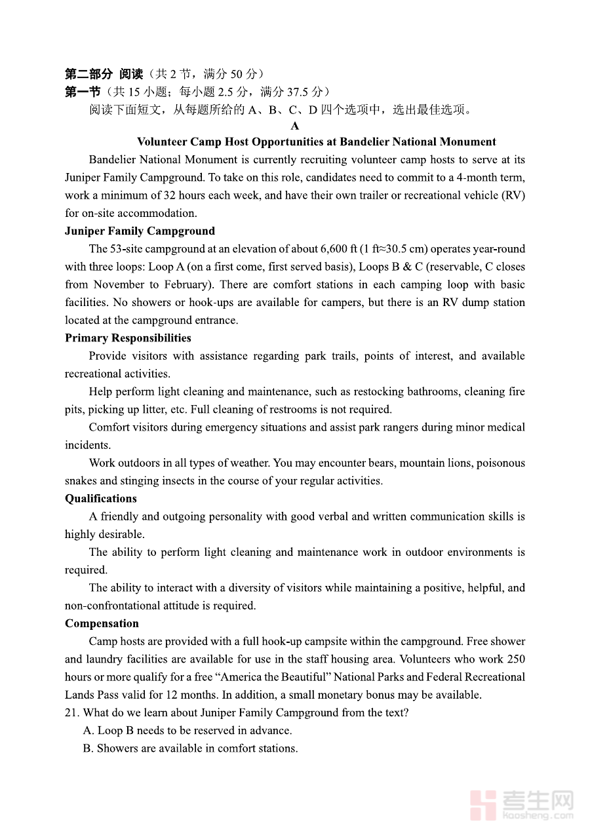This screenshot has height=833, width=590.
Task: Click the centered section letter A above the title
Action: pos(295,126)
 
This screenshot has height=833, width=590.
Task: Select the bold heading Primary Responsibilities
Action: pos(128,338)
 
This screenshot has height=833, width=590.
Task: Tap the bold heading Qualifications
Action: pos(100,499)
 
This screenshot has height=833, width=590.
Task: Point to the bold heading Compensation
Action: pos(102,623)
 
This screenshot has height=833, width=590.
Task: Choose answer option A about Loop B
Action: pos(187,731)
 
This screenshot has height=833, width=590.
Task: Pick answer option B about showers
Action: pos(190,748)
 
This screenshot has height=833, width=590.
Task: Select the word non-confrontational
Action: pos(123,606)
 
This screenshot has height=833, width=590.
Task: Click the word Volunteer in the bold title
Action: pos(162,142)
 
